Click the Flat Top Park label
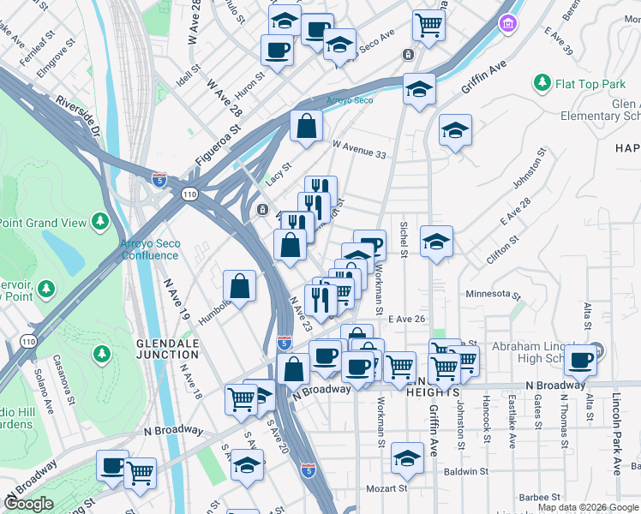[x=590, y=85]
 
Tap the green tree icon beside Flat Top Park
[x=542, y=83]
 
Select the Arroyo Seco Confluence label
[x=151, y=249]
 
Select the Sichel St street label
[x=404, y=238]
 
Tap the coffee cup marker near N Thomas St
[x=581, y=360]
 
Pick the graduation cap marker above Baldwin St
[x=407, y=458]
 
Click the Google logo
[x=28, y=504]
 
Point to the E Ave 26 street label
[x=407, y=319]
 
